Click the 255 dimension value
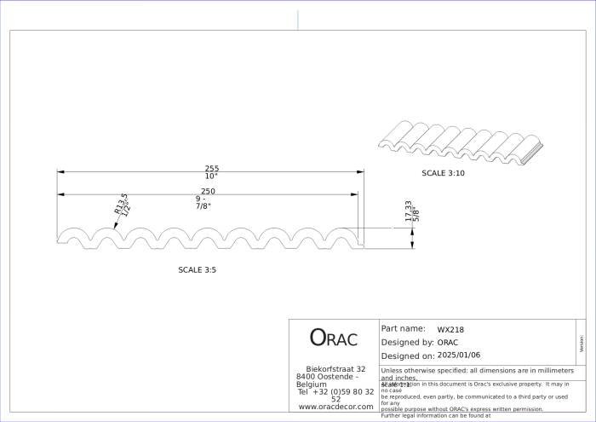[212, 168]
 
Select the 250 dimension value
[208, 191]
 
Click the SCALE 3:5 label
[203, 269]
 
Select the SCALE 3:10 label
[444, 173]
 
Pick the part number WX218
[450, 329]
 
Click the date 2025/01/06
[458, 356]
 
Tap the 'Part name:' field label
[404, 328]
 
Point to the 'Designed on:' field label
[408, 356]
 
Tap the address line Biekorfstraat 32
[335, 369]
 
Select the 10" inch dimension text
[211, 176]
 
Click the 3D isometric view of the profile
[460, 141]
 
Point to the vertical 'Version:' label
[582, 343]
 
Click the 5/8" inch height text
[416, 215]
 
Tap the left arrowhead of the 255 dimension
[60, 172]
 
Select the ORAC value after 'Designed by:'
[448, 343]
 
